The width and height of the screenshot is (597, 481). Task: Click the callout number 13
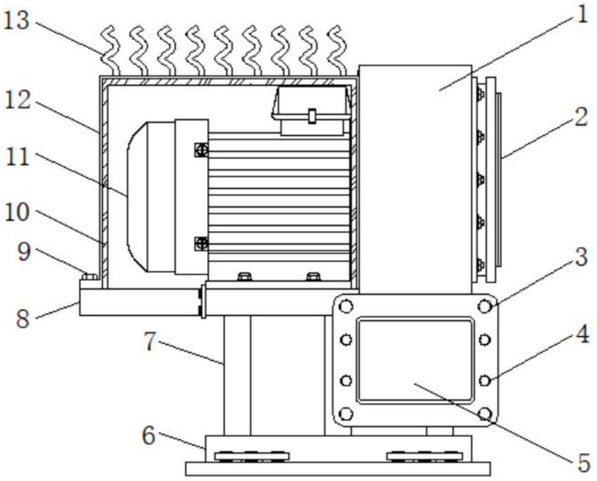click(x=17, y=20)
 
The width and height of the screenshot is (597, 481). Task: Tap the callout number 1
click(x=583, y=15)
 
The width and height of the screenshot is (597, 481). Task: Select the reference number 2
click(x=581, y=117)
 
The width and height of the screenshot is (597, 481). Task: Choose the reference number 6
click(x=148, y=435)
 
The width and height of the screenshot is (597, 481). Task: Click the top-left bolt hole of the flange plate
click(x=346, y=306)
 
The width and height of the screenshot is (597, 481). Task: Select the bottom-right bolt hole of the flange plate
click(x=484, y=413)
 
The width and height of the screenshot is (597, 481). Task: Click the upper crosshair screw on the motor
click(x=201, y=150)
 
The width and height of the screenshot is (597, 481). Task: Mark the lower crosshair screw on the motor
click(x=201, y=244)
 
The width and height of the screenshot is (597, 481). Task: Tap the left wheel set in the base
click(x=252, y=456)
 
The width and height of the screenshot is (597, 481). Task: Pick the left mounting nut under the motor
click(x=245, y=277)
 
